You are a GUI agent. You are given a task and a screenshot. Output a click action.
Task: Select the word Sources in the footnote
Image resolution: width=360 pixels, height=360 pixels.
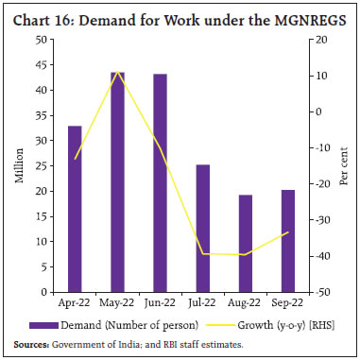click(x=30, y=345)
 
